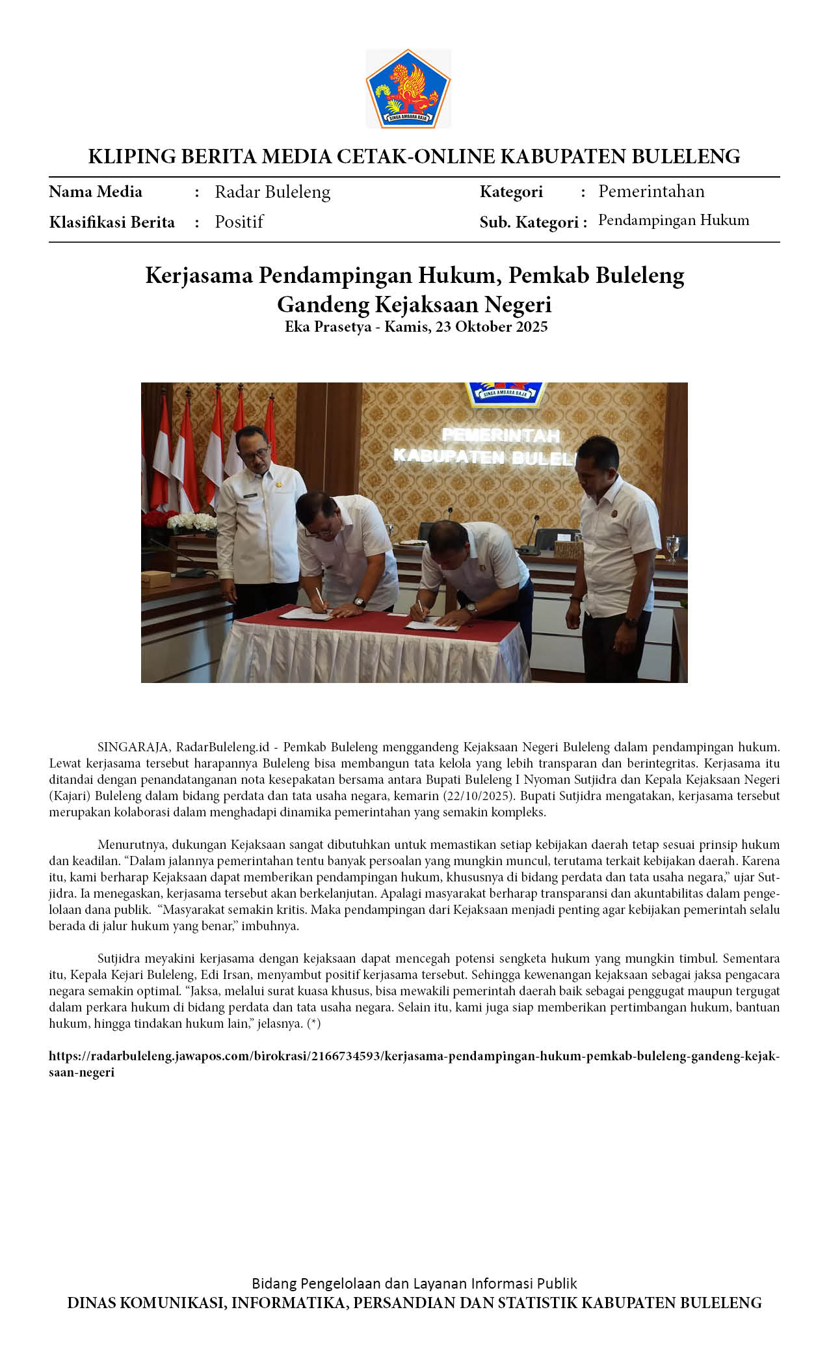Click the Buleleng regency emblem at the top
click(408, 89)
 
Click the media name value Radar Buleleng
click(272, 192)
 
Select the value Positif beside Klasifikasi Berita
click(239, 222)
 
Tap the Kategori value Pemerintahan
click(651, 191)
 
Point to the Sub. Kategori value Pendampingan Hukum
click(673, 221)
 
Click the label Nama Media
click(96, 192)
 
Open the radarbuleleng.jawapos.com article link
click(414, 1056)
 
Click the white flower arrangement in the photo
click(192, 522)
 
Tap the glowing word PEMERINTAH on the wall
click(501, 435)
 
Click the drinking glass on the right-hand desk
click(673, 548)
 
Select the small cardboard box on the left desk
click(156, 578)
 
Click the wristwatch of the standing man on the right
click(630, 622)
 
